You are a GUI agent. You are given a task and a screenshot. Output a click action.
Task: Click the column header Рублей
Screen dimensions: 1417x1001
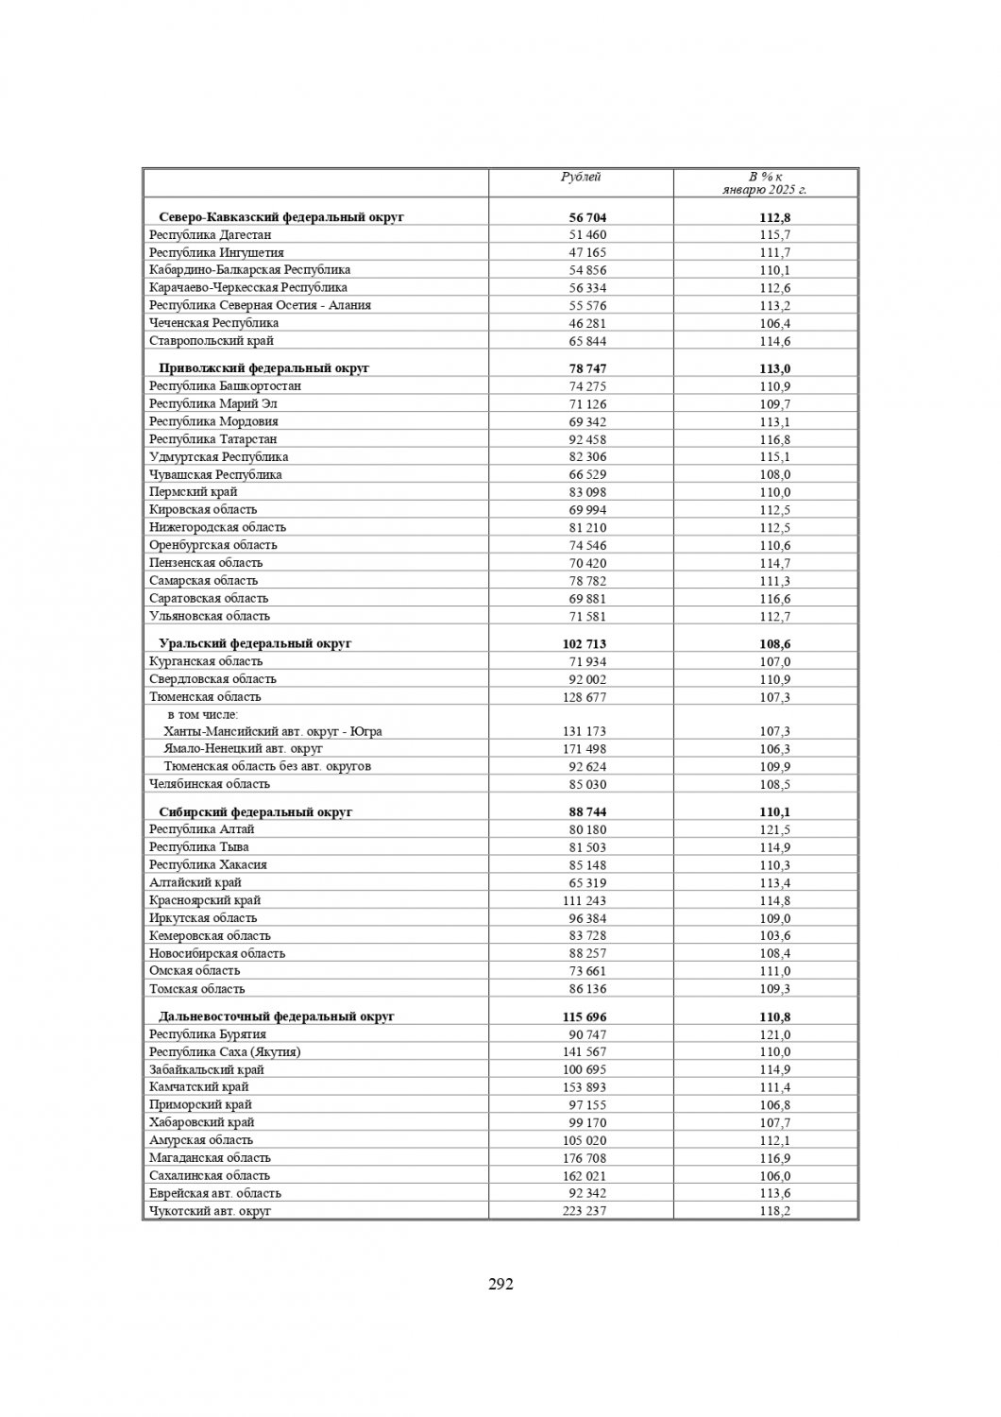click(x=581, y=177)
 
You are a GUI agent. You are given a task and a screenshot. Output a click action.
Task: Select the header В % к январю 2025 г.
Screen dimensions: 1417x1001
click(x=765, y=183)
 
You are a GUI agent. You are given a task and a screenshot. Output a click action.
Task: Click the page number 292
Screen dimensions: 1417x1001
click(x=500, y=1284)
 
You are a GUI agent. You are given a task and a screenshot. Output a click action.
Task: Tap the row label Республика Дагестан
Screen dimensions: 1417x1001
click(x=211, y=234)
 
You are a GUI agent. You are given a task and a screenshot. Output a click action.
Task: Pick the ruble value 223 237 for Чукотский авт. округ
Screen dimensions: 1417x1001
click(x=585, y=1211)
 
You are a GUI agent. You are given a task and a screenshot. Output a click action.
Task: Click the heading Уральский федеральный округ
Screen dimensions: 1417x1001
click(x=255, y=643)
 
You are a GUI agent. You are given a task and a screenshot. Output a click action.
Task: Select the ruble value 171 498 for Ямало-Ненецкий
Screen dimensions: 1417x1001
click(x=585, y=749)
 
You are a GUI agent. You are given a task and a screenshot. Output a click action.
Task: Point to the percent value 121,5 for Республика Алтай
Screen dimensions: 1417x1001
click(x=774, y=829)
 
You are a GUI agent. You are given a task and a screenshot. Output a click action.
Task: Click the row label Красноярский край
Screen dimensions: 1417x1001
click(x=205, y=900)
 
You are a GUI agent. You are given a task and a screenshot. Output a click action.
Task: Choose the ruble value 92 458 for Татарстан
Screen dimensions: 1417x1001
click(x=587, y=439)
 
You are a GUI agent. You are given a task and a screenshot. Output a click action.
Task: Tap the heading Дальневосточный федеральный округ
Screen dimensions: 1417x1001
click(x=277, y=1016)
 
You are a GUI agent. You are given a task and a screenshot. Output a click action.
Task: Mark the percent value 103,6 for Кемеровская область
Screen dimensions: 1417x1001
click(x=774, y=935)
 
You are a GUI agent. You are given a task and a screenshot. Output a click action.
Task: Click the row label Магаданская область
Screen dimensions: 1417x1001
click(x=210, y=1157)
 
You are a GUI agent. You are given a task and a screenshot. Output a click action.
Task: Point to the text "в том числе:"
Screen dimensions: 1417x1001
click(x=203, y=714)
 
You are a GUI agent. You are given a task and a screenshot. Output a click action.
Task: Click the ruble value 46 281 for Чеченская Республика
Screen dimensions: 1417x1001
click(x=587, y=323)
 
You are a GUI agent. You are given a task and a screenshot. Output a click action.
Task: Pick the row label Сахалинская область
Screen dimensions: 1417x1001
click(x=210, y=1175)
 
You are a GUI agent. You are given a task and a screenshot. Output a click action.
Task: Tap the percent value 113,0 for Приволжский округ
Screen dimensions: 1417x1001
click(x=774, y=368)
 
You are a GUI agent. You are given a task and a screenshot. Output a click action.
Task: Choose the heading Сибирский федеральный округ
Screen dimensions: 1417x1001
click(x=255, y=811)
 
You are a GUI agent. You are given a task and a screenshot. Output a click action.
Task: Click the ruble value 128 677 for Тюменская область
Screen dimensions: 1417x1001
click(x=585, y=697)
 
